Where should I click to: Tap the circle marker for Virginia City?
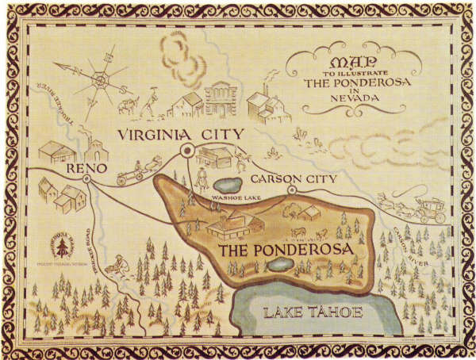coord(188,150)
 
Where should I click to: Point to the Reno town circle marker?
coord(86,180)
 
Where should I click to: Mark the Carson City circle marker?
coord(291,190)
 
